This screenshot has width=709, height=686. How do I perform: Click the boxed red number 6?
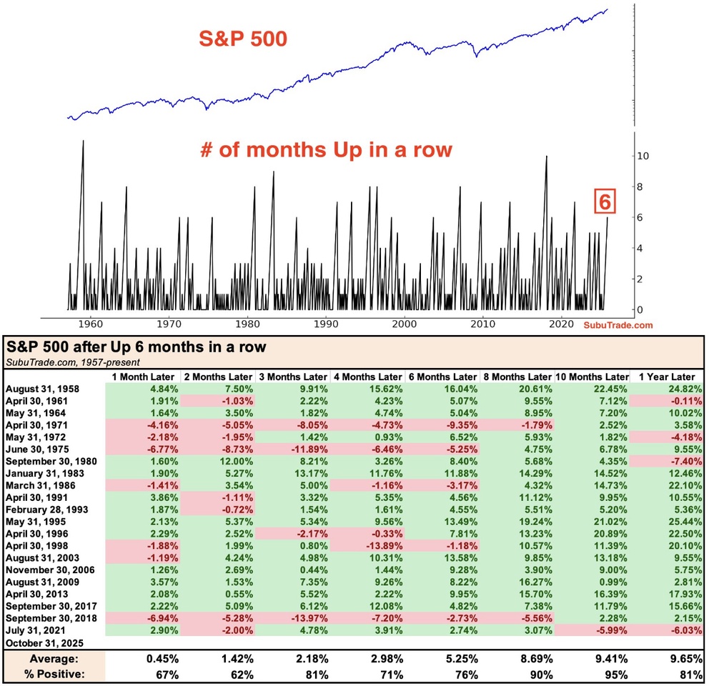(604, 203)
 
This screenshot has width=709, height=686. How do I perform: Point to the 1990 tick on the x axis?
(326, 323)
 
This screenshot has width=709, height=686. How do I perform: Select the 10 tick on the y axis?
(642, 156)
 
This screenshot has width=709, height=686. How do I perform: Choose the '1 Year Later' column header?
(665, 377)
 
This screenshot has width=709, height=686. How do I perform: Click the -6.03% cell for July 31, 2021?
(680, 631)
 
